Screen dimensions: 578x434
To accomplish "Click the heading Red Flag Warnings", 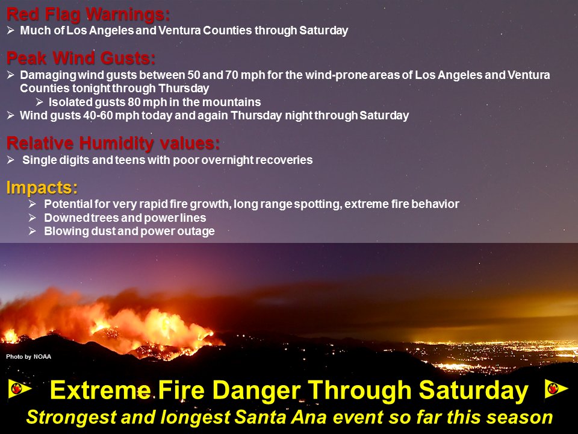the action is (x=88, y=14).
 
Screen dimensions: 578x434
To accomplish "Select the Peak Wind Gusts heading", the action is (x=81, y=58).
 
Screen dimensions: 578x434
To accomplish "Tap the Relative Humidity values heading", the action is (x=113, y=143).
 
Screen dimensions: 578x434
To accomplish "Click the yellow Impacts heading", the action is (x=42, y=187).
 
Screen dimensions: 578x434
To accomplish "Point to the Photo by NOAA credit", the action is (x=28, y=356).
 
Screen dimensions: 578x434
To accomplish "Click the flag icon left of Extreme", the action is (x=19, y=389).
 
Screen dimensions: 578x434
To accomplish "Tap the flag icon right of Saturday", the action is (x=556, y=389).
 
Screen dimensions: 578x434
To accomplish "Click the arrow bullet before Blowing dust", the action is (x=33, y=231).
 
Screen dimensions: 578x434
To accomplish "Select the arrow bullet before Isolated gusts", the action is (x=40, y=102).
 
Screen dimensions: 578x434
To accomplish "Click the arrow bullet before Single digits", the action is (x=11, y=160).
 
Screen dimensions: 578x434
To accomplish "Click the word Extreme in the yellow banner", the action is (x=101, y=391).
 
